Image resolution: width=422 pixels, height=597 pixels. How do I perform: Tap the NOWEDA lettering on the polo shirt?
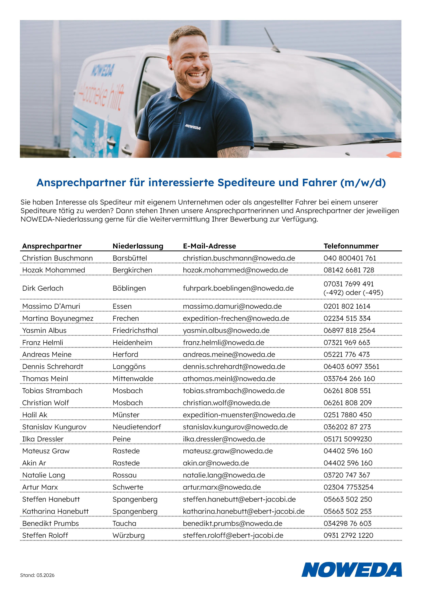[x=193, y=127]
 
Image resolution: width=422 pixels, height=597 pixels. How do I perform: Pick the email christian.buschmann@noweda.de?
[x=239, y=258]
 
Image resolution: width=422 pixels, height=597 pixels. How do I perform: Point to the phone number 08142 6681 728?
[x=349, y=270]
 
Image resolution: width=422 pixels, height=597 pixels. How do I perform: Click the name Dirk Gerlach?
[x=43, y=288]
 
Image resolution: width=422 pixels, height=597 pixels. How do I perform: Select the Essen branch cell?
[x=122, y=306]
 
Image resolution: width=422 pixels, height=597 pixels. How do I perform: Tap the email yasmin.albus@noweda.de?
[x=226, y=330]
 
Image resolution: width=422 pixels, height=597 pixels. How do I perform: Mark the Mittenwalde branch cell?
[x=133, y=379]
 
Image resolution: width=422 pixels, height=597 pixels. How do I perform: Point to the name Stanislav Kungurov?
[x=54, y=427]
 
